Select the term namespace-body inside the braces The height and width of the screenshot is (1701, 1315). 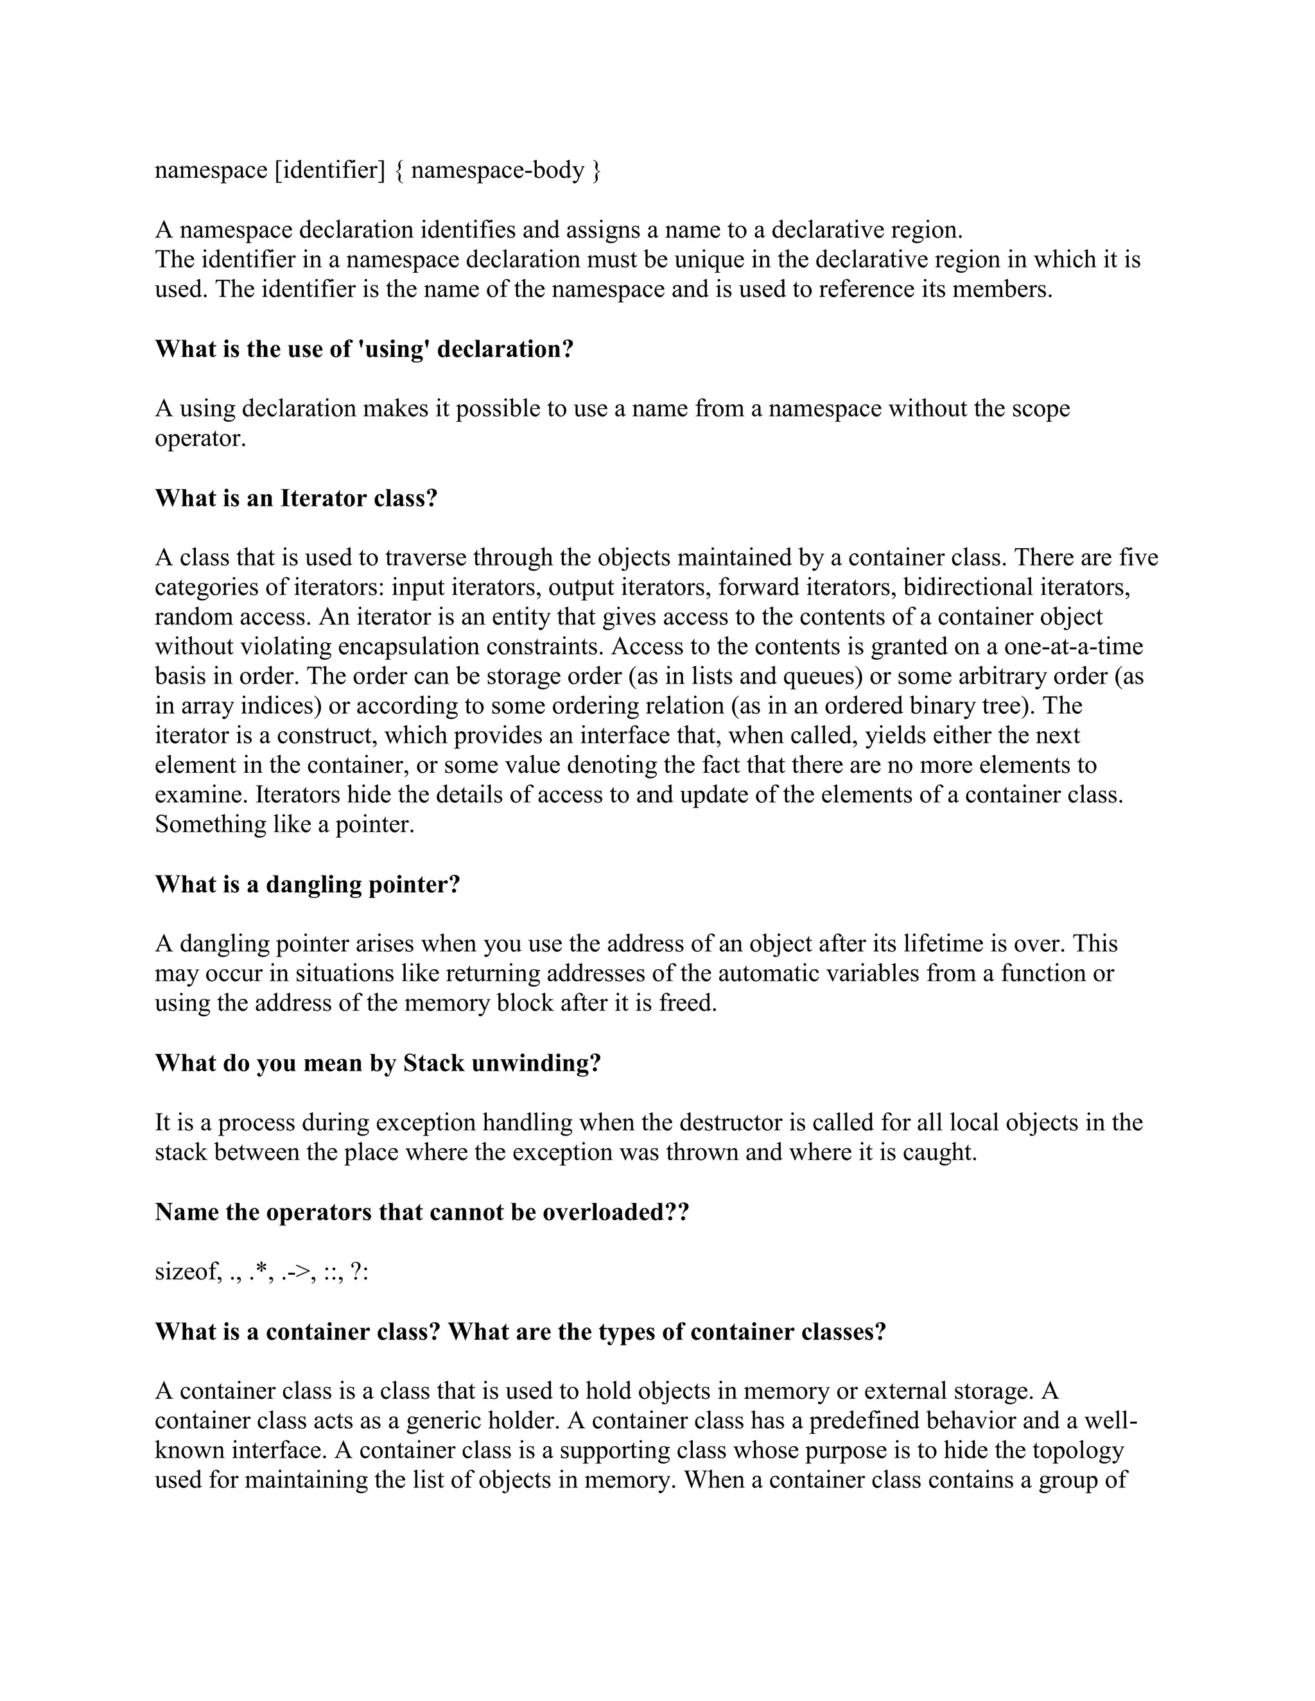point(497,170)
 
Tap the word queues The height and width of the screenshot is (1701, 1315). point(823,675)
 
